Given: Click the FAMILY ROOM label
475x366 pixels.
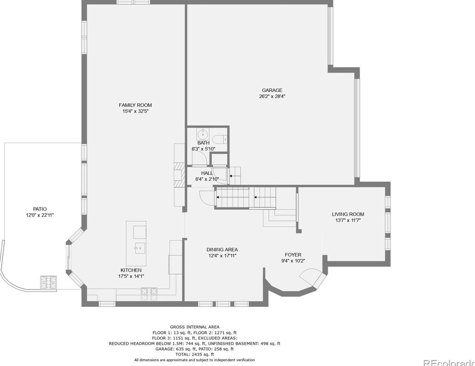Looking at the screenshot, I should tap(135, 105).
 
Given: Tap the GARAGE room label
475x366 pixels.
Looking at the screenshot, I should tap(272, 90).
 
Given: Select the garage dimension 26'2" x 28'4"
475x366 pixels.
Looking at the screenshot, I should tap(272, 96).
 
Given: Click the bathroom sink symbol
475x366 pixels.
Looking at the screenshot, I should tap(203, 135).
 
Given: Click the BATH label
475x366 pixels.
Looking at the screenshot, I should tap(203, 143).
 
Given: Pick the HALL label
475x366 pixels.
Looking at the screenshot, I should tap(206, 173).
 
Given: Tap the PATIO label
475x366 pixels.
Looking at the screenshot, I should tap(40, 209).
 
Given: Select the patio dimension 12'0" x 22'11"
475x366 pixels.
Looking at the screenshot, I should tap(40, 215).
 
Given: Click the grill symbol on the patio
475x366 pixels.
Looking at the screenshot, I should tap(48, 282).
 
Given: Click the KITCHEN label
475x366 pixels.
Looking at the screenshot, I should tap(131, 270).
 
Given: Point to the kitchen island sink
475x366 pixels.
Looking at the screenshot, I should tap(140, 247).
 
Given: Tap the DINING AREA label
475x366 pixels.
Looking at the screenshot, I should tap(222, 250).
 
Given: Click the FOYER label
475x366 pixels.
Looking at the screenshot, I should tap(293, 255).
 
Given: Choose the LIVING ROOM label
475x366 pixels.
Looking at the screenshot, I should tap(348, 214).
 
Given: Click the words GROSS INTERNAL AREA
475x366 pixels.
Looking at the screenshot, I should tap(195, 327).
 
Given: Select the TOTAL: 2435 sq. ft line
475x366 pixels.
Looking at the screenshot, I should tap(195, 354).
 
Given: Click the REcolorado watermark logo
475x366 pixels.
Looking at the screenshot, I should tap(449, 362).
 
